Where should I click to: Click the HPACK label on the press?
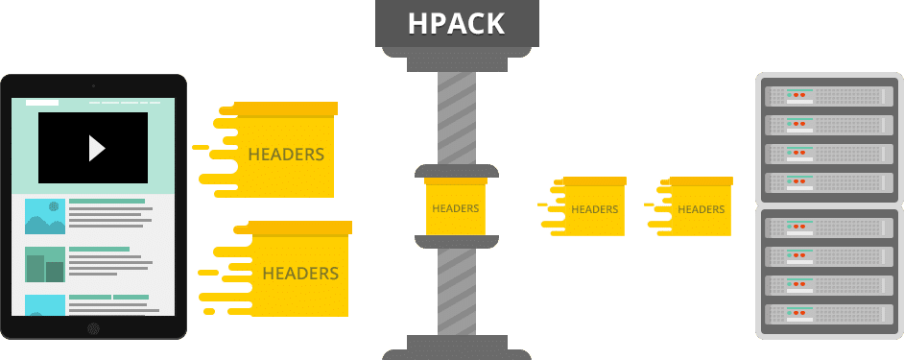[x=456, y=23]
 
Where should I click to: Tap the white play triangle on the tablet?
[x=95, y=147]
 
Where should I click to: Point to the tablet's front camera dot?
[x=93, y=86]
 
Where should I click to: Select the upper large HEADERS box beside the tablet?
[x=285, y=154]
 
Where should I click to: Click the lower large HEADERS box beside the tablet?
[x=298, y=273]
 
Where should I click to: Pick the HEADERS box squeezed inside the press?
[x=455, y=207]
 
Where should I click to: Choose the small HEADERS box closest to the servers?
[x=700, y=209]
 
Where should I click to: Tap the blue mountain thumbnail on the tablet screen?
[x=44, y=217]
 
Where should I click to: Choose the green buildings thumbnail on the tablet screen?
[x=44, y=264]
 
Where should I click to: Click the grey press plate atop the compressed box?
[x=456, y=170]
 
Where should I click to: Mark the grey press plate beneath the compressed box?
[x=456, y=241]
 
